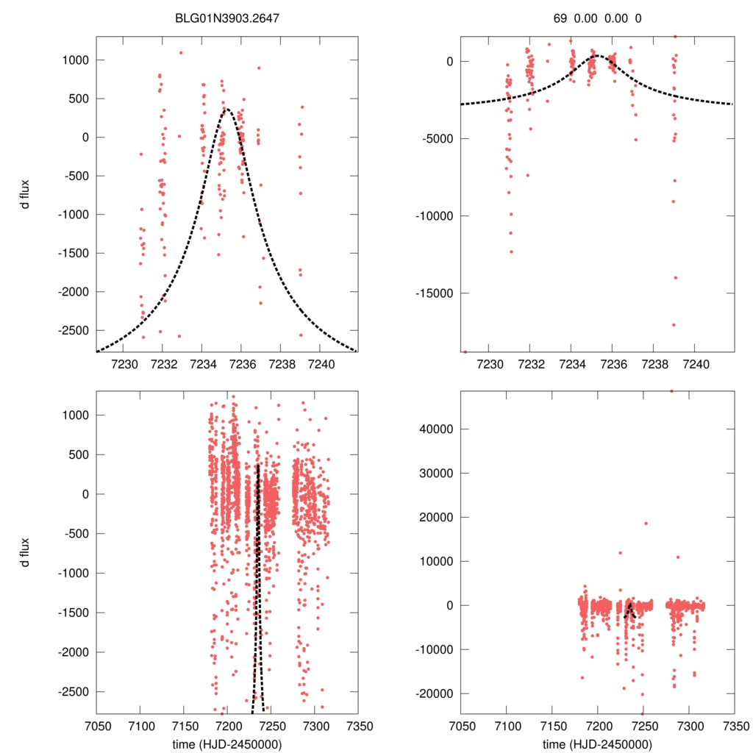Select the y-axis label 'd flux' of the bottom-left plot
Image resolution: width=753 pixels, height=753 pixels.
[26, 553]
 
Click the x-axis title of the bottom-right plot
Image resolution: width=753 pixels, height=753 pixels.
[597, 744]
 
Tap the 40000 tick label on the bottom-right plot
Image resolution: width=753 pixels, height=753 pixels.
[435, 429]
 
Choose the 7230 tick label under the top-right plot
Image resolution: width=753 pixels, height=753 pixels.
[490, 365]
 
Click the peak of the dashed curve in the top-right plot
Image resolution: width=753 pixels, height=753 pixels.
[596, 55]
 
